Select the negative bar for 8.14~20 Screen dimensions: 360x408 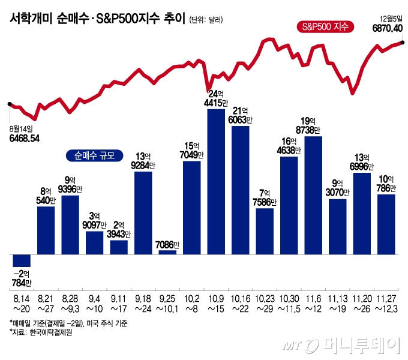pyautogui.click(x=22, y=260)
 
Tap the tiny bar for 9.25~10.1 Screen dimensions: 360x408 pyautogui.click(x=167, y=252)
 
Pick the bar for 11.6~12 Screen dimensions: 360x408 pyautogui.click(x=313, y=195)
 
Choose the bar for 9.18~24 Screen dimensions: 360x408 pyautogui.click(x=143, y=212)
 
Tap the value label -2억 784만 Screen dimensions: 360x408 pyautogui.click(x=21, y=277)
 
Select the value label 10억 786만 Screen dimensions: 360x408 pyautogui.click(x=386, y=184)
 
